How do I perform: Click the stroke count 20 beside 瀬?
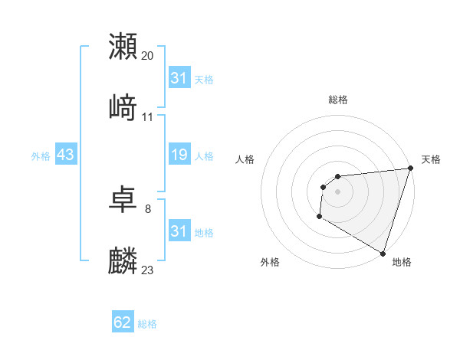tap(148, 55)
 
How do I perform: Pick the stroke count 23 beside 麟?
tap(148, 270)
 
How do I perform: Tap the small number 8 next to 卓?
tap(148, 208)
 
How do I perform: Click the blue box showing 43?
tap(65, 155)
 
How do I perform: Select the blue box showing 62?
tap(123, 323)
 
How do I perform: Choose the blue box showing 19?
tap(179, 155)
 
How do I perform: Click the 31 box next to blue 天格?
tap(179, 78)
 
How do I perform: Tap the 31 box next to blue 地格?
tap(179, 231)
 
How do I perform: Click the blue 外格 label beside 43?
tap(41, 156)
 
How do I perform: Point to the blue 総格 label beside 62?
tap(147, 324)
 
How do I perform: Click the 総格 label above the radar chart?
tap(338, 100)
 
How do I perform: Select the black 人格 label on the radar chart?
tap(245, 159)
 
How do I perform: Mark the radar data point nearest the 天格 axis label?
tap(410, 169)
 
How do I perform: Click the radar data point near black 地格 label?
tap(383, 253)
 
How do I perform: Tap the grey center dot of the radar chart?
tap(337, 191)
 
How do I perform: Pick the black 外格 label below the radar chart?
tap(270, 262)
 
